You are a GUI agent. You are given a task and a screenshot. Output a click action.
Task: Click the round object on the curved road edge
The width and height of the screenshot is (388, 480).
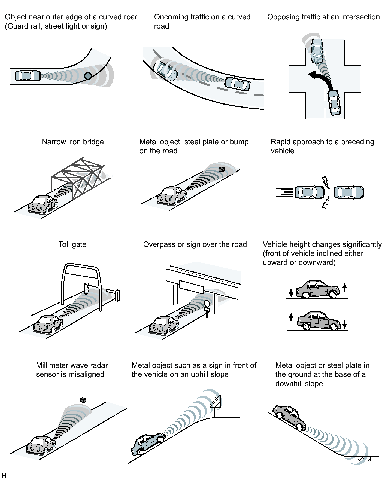[88, 76]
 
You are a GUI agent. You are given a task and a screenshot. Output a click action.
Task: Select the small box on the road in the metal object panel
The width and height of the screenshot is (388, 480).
[222, 169]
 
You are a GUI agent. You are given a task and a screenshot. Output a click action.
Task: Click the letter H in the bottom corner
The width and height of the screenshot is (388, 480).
[4, 475]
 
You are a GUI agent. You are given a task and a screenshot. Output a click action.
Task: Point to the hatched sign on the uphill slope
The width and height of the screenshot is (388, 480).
[215, 401]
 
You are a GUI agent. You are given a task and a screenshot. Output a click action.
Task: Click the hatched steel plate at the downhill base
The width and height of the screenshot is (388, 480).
[364, 459]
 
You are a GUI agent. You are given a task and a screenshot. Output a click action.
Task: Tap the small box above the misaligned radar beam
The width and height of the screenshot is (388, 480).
[83, 400]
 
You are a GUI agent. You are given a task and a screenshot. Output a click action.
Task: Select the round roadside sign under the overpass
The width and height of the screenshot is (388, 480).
[207, 304]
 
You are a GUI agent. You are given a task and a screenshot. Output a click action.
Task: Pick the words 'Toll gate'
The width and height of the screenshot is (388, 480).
[72, 244]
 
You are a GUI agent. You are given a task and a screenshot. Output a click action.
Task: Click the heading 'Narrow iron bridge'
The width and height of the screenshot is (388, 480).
[73, 142]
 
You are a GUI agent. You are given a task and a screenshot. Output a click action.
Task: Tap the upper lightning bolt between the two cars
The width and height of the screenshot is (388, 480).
[326, 182]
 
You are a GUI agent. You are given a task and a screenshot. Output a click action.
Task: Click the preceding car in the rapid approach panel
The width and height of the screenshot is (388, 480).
[349, 192]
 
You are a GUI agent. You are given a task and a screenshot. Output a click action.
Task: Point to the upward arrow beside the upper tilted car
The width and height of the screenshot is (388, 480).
[345, 287]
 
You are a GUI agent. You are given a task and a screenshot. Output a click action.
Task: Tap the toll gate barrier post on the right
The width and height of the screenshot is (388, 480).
[117, 296]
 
